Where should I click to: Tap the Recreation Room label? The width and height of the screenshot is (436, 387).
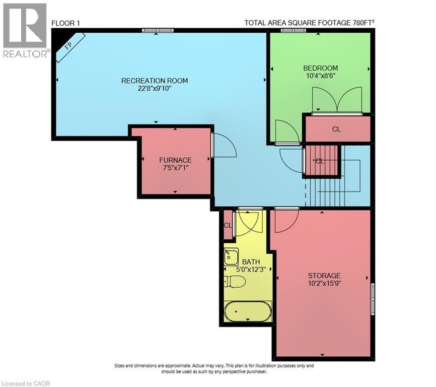pyautogui.click(x=155, y=81)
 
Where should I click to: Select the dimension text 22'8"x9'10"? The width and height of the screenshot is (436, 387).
pyautogui.click(x=155, y=89)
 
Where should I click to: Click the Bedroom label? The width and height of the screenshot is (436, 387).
pyautogui.click(x=320, y=68)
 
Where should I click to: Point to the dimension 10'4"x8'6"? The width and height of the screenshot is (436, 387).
pyautogui.click(x=320, y=76)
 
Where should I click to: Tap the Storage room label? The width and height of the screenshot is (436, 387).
pyautogui.click(x=324, y=276)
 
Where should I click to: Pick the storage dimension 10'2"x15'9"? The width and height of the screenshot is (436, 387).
pyautogui.click(x=324, y=284)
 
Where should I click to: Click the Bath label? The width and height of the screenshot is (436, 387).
pyautogui.click(x=251, y=262)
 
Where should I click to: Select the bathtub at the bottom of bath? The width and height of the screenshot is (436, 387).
pyautogui.click(x=248, y=312)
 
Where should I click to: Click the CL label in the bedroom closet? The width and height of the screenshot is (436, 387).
pyautogui.click(x=336, y=129)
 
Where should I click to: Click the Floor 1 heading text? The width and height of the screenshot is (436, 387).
pyautogui.click(x=65, y=23)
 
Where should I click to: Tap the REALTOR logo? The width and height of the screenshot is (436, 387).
pyautogui.click(x=26, y=30)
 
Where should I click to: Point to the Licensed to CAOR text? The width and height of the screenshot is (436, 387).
pyautogui.click(x=26, y=383)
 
